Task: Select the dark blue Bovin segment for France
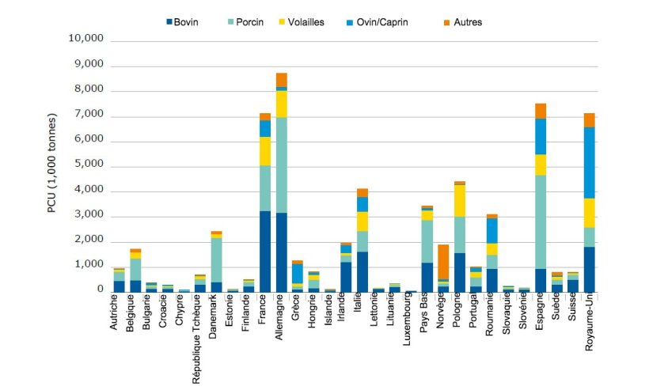[265, 252]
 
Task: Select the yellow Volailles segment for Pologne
[459, 200]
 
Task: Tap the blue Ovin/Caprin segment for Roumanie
[492, 230]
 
